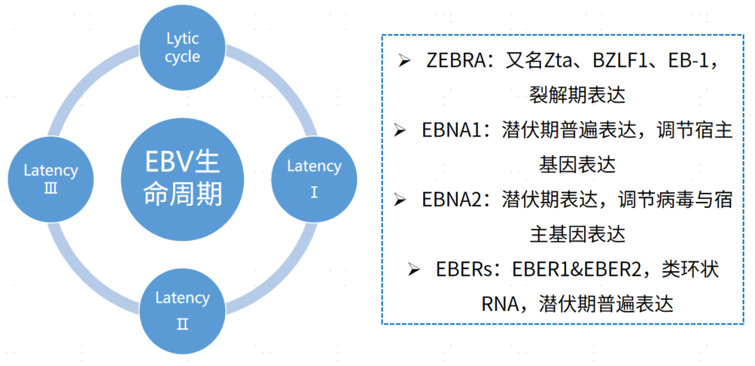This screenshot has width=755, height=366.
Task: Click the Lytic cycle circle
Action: [182, 47]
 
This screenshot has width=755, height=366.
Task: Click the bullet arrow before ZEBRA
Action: [404, 61]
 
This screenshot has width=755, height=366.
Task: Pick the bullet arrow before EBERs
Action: [415, 270]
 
